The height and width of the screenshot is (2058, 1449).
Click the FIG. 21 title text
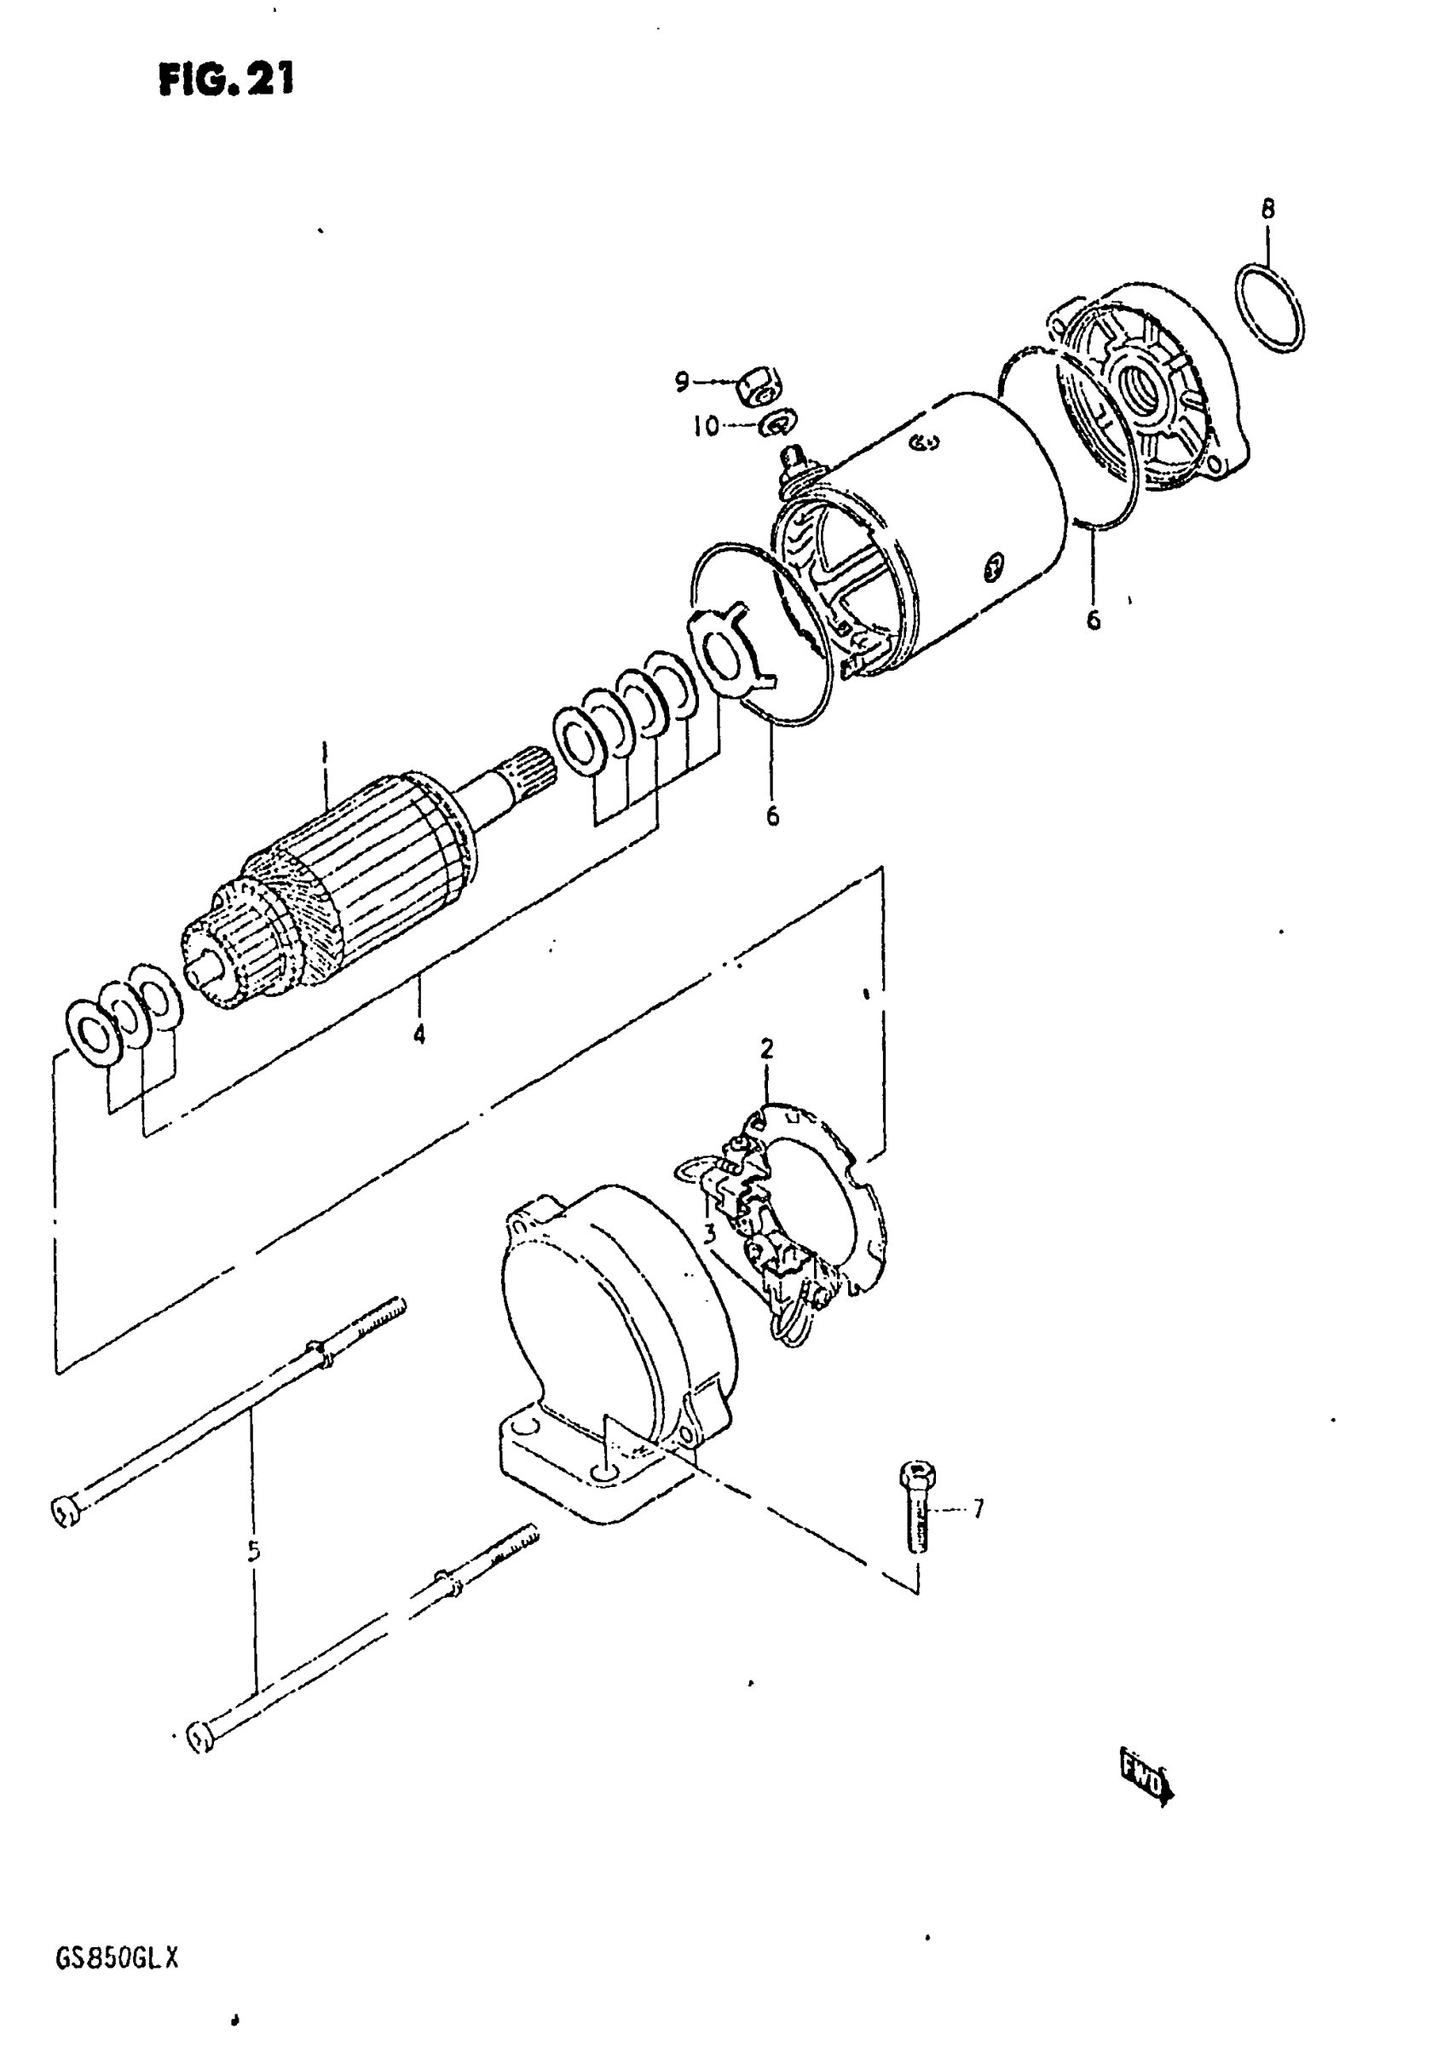point(226,81)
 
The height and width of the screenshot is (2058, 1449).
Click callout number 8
point(1267,209)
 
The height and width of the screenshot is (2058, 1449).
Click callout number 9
point(683,383)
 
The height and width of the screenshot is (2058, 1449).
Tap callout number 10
point(706,427)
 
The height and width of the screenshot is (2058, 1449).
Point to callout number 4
point(419,1035)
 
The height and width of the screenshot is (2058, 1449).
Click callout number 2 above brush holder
point(766,1048)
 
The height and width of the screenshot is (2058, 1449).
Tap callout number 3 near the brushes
point(709,1233)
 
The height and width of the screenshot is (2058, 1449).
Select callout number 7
point(978,1510)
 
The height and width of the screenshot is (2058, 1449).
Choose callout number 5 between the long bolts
point(254,1550)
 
